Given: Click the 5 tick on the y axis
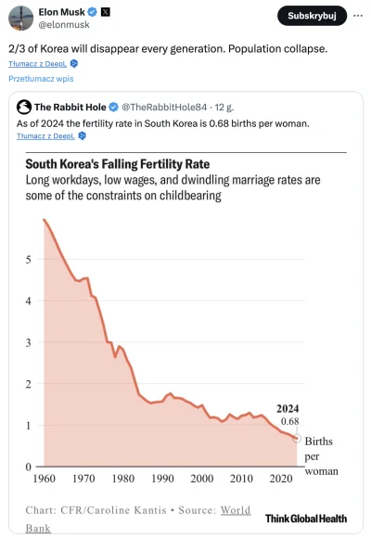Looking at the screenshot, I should click(x=28, y=260).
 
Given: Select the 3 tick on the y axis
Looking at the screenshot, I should click(x=28, y=342).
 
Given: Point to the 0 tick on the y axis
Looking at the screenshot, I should click(x=28, y=468).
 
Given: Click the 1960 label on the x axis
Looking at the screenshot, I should click(x=43, y=479).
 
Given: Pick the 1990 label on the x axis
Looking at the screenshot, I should click(x=164, y=479).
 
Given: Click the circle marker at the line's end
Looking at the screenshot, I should click(x=297, y=438).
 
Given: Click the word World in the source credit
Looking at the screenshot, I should click(x=236, y=509).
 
